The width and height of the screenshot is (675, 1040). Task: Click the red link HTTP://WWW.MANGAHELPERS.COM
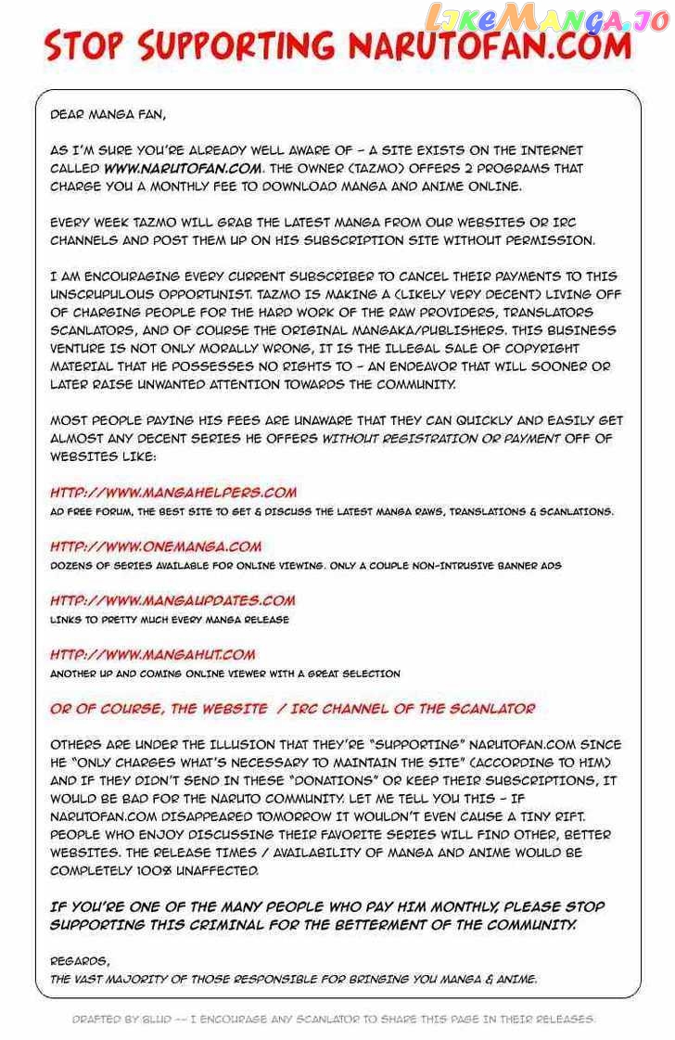(x=173, y=493)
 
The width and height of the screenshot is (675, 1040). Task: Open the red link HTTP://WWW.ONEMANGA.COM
(x=156, y=546)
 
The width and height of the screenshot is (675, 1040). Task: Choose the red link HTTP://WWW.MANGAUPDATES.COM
(x=172, y=600)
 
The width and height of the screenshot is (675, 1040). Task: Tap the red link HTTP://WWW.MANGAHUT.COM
(x=152, y=654)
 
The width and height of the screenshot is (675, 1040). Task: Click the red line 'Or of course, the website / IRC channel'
(x=292, y=709)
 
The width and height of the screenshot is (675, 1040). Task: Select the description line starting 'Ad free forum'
(x=331, y=511)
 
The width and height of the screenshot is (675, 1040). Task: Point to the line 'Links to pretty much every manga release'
(x=169, y=619)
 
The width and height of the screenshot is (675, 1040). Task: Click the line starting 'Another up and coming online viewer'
(x=224, y=673)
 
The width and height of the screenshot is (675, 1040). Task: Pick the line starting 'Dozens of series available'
(x=305, y=565)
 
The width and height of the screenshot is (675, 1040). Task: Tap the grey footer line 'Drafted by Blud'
(x=334, y=1019)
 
